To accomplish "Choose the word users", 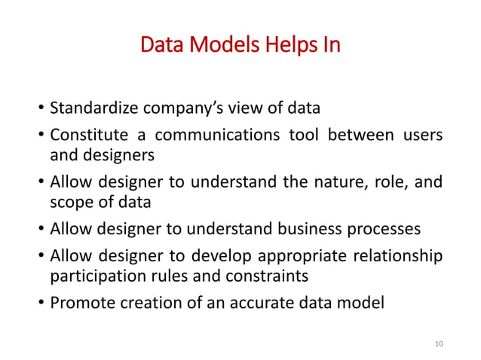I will [x=421, y=136].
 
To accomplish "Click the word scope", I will [x=68, y=203].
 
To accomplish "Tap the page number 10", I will [x=440, y=343].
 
